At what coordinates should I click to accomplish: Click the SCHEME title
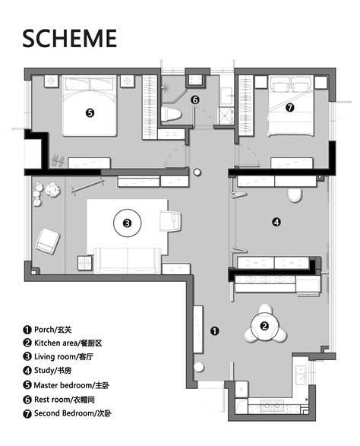point(70,38)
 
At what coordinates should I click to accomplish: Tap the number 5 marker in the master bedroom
point(90,113)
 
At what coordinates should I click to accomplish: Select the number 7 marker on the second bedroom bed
point(290,108)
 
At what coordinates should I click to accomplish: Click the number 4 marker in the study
point(276,222)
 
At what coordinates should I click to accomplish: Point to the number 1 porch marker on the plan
point(214,331)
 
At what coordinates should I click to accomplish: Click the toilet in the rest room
point(171,114)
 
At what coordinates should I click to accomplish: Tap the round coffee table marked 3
point(128,223)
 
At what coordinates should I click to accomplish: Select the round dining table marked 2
point(264,326)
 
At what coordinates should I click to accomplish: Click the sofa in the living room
point(128,261)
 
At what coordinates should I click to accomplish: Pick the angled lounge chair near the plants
point(48,241)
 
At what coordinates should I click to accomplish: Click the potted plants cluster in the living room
point(46,192)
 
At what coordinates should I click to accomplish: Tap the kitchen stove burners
point(273,406)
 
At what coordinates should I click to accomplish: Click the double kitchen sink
point(301,375)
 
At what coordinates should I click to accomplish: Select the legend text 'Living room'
point(55,356)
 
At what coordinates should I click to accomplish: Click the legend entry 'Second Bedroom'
point(64,413)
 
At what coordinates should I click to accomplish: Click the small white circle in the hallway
point(197,172)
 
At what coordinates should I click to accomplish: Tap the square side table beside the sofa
point(85,263)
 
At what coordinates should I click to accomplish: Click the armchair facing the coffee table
point(170,221)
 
